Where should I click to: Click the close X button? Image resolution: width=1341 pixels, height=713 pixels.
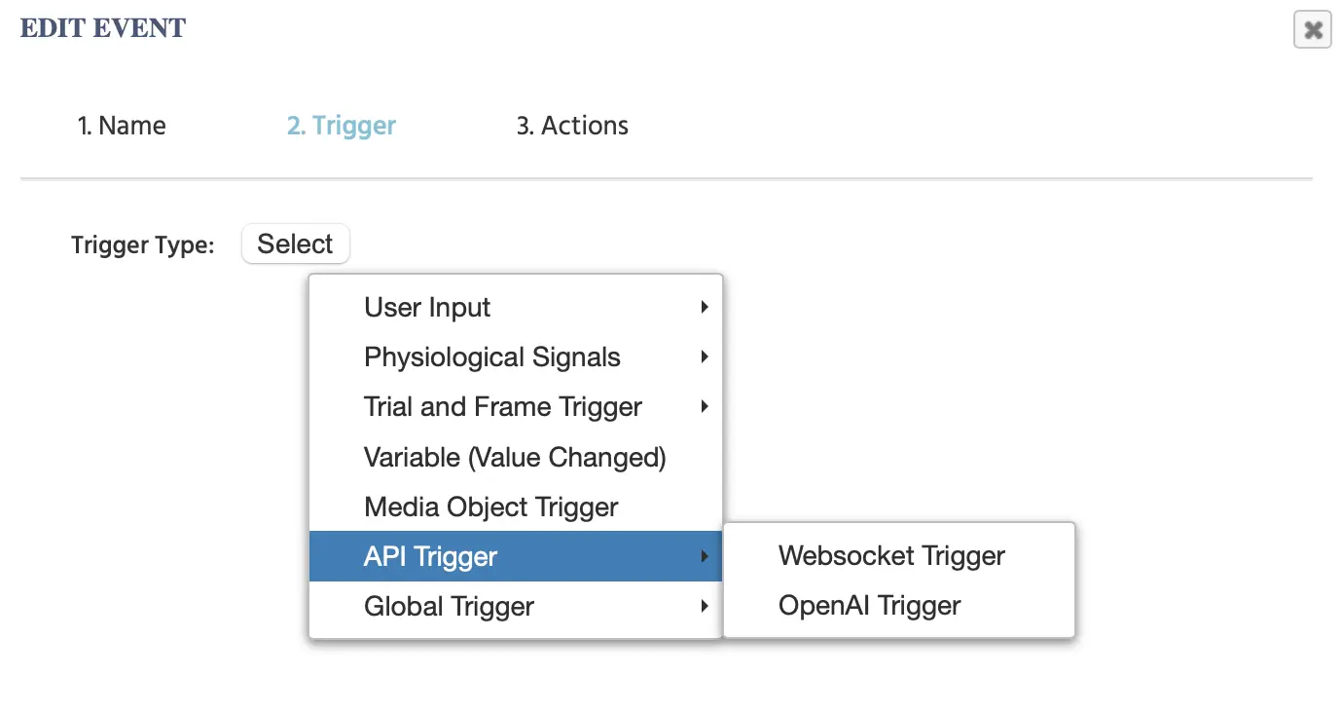click(x=1312, y=29)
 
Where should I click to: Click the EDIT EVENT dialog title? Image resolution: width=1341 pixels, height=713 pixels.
click(x=103, y=28)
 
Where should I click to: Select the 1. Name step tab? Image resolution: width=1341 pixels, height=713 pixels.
click(x=122, y=126)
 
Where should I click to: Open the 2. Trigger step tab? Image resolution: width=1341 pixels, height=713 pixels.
click(x=342, y=126)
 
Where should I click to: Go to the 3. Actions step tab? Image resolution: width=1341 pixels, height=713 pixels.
click(x=572, y=126)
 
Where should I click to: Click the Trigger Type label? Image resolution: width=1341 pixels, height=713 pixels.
click(x=142, y=245)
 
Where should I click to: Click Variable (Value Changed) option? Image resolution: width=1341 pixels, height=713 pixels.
click(x=516, y=457)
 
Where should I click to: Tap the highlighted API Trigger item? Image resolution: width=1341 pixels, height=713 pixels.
click(x=516, y=556)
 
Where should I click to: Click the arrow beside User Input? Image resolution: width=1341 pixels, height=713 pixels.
click(x=705, y=308)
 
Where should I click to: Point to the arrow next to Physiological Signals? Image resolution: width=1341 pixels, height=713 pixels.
click(x=705, y=357)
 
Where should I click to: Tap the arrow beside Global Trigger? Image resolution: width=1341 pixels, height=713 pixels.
click(x=705, y=607)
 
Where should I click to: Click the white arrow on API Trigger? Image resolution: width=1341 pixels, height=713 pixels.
click(x=705, y=556)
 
